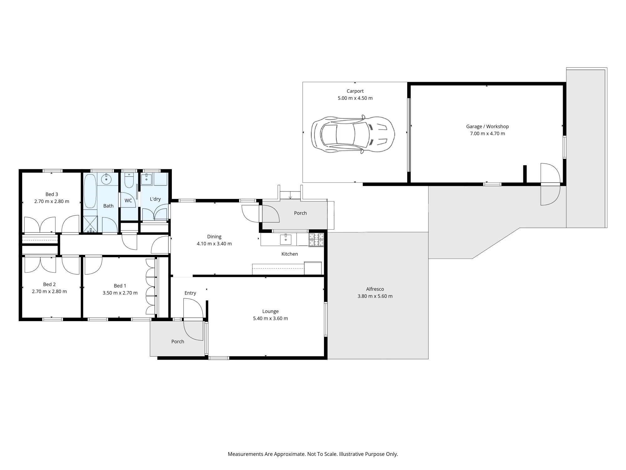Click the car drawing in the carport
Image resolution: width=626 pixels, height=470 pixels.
tap(353, 134)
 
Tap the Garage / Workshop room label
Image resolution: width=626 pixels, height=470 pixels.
tap(487, 127)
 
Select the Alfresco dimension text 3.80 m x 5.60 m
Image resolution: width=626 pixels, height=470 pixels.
tap(375, 296)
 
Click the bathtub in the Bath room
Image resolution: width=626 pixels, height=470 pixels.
tap(90, 191)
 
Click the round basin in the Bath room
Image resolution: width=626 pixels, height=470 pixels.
tap(106, 179)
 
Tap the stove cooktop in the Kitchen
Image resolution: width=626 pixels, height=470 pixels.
tap(316, 240)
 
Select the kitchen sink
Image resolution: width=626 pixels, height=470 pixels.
tap(285, 239)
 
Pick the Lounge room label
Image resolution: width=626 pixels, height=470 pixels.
tap(270, 311)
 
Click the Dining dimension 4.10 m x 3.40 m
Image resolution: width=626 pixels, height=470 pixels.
tap(214, 244)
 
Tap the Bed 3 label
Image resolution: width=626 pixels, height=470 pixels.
tap(52, 194)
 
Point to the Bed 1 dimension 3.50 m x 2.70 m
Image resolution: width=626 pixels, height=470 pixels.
tap(120, 293)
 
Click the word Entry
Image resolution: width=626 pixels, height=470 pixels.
tap(190, 293)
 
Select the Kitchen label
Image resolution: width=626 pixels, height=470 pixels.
tap(290, 254)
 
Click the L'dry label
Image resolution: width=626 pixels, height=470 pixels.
tap(155, 199)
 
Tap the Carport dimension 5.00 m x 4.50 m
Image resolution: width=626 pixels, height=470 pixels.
tap(355, 98)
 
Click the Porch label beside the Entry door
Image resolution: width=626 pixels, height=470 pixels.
tap(178, 342)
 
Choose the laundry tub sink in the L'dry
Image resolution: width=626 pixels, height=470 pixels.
tap(146, 179)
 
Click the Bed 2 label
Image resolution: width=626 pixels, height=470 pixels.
tap(49, 285)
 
